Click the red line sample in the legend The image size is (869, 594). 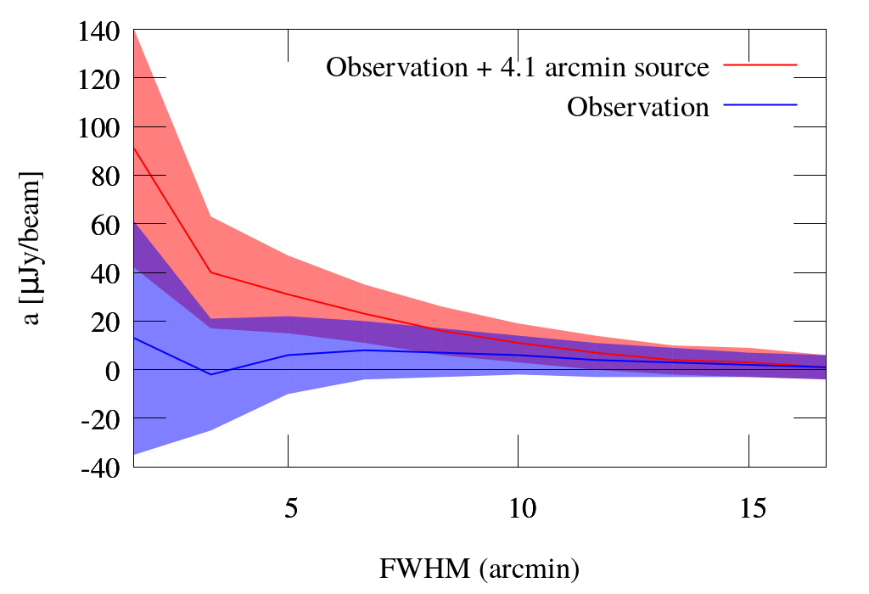[x=760, y=64]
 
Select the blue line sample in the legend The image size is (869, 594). [x=760, y=104]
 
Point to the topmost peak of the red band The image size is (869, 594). [x=134, y=31]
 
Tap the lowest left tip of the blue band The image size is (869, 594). [x=134, y=454]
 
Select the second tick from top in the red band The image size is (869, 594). [x=149, y=126]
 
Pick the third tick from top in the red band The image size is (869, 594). [x=149, y=175]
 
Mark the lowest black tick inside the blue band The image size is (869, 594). [x=149, y=417]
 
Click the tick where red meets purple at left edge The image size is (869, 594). [x=149, y=223]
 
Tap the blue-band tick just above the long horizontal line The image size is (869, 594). [x=149, y=321]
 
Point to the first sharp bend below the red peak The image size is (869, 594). [x=210, y=216]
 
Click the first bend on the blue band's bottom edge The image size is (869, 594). [x=210, y=431]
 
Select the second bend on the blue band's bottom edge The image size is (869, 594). [x=287, y=395]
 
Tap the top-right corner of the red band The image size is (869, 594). [x=825, y=355]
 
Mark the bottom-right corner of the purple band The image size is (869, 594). [x=825, y=379]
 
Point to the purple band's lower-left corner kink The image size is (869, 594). [x=211, y=328]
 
